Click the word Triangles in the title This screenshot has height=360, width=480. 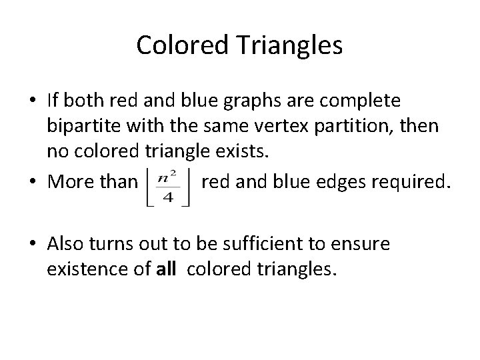(291, 45)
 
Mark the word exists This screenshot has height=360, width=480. (241, 150)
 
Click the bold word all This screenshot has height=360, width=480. (165, 270)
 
